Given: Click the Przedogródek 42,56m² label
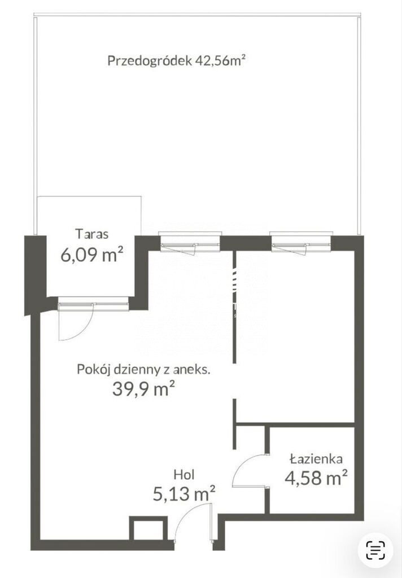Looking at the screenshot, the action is [x=176, y=60].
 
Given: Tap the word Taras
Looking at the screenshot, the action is [x=92, y=234].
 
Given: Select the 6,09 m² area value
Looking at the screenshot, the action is [x=91, y=255].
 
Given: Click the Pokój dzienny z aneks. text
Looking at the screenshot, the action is [x=143, y=369].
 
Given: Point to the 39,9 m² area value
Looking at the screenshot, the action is [x=143, y=389].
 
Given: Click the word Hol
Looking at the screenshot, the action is [x=184, y=474].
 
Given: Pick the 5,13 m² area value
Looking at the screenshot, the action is [x=184, y=493].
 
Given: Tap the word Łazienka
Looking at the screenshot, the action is [x=316, y=459].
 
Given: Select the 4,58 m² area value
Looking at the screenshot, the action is [x=316, y=478].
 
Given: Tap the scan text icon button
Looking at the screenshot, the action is [x=375, y=550].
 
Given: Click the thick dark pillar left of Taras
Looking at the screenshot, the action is [x=35, y=275].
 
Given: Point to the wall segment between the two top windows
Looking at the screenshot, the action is [x=246, y=243].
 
